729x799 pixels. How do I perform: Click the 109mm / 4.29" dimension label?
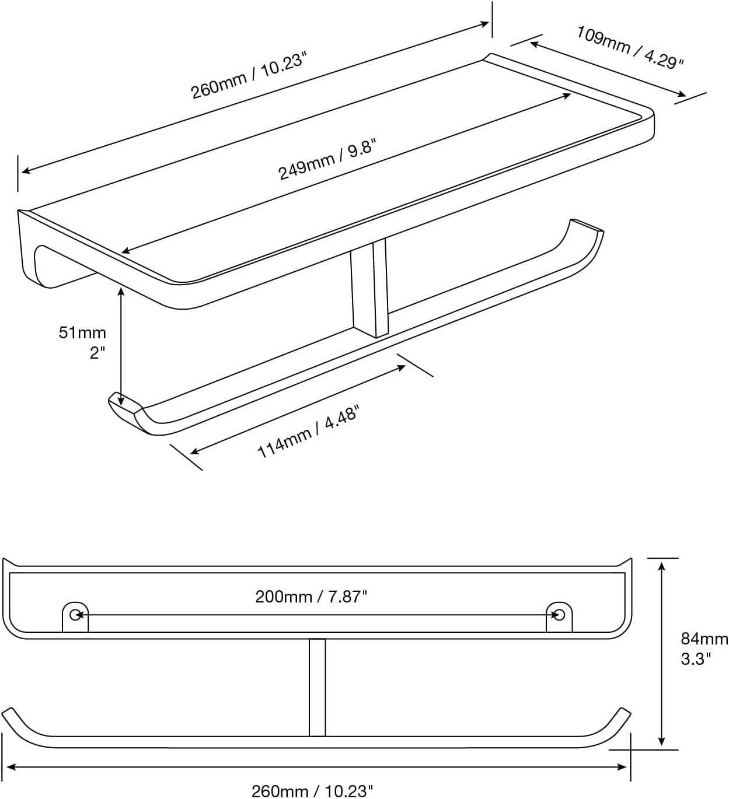[x=630, y=47]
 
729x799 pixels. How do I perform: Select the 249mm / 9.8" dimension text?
[x=327, y=159]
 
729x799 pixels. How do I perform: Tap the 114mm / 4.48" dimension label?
[x=308, y=431]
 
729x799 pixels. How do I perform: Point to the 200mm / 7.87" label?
[x=311, y=597]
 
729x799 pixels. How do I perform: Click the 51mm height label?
[x=82, y=332]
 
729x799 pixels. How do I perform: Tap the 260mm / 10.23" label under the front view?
[x=312, y=791]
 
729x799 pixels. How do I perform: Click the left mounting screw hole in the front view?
[x=75, y=615]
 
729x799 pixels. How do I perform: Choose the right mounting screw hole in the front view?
[x=560, y=615]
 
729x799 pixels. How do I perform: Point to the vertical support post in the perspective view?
[x=369, y=288]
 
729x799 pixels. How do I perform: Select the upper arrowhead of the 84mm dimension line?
[x=662, y=566]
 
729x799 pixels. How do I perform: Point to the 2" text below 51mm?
[x=97, y=353]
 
